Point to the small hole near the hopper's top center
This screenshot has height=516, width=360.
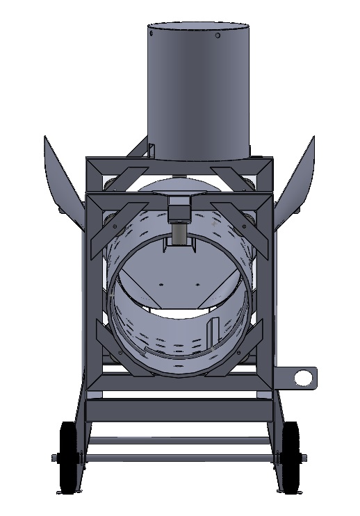[x=218, y=35]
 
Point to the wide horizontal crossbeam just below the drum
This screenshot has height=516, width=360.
[x=179, y=394]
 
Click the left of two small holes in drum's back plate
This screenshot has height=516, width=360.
[x=161, y=284]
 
